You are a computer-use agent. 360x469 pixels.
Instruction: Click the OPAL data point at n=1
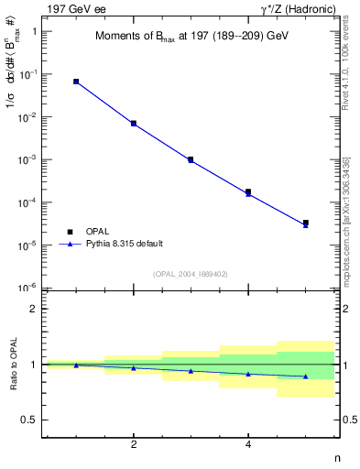pos(76,82)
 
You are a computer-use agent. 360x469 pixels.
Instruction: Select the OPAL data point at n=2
pos(134,123)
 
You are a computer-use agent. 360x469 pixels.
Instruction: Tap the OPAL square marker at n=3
pos(191,159)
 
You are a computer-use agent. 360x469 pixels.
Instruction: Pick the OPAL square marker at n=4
pos(248,191)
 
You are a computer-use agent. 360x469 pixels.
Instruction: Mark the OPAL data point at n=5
pos(305,223)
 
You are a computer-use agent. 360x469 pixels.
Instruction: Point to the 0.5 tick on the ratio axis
pos(29,420)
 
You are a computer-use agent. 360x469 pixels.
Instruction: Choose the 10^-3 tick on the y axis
pos(28,159)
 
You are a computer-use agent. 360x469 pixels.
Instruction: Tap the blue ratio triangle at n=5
pos(305,376)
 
